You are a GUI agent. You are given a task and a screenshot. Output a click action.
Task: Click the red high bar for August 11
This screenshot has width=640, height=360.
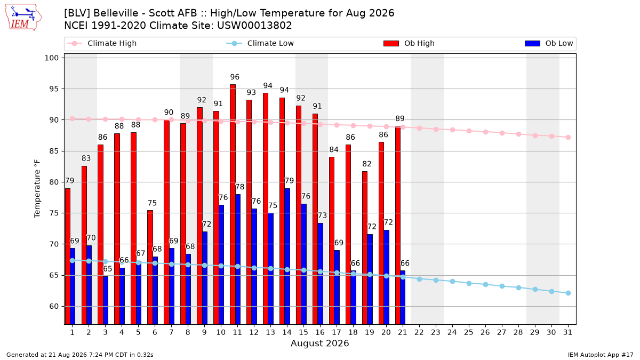tap(233, 204)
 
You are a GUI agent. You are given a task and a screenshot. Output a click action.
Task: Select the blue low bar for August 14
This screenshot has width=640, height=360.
tap(287, 257)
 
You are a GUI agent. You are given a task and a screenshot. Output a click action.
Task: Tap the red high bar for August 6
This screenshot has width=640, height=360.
tap(150, 267)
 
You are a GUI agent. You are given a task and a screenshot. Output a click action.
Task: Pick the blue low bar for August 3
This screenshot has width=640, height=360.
tap(106, 300)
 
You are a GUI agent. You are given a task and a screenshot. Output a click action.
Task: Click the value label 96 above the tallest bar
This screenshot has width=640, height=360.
tap(235, 77)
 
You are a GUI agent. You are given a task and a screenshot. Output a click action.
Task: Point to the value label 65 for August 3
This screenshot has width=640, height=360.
tap(107, 269)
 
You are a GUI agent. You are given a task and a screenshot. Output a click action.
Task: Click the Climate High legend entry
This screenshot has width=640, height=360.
tap(101, 43)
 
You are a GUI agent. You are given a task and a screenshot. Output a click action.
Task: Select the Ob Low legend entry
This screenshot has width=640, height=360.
tap(549, 43)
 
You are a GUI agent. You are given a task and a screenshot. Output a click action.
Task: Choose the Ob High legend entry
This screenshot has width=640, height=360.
tap(409, 43)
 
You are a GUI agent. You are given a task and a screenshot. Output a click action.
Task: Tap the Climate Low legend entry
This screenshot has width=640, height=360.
tap(260, 43)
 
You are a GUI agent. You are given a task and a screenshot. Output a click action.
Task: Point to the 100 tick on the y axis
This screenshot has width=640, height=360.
tap(51, 58)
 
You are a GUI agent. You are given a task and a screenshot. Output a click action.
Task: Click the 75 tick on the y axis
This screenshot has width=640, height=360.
tap(54, 213)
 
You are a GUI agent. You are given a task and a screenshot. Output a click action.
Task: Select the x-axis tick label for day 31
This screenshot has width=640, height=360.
tap(567, 332)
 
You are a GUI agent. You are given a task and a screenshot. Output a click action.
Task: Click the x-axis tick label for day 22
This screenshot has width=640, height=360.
tap(419, 332)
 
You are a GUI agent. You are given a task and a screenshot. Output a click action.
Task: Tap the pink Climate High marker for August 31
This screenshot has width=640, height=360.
tap(568, 138)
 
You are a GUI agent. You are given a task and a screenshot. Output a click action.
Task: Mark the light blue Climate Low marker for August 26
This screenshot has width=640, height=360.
tap(485, 285)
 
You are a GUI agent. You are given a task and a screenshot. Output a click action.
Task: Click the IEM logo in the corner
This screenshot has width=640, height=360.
tap(23, 18)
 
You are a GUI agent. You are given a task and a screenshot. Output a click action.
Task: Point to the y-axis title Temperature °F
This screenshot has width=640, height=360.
tap(37, 189)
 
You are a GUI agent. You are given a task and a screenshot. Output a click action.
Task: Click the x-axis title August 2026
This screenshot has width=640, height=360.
tap(319, 343)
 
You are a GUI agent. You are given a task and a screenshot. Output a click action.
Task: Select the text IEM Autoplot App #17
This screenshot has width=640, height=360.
tap(601, 355)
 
